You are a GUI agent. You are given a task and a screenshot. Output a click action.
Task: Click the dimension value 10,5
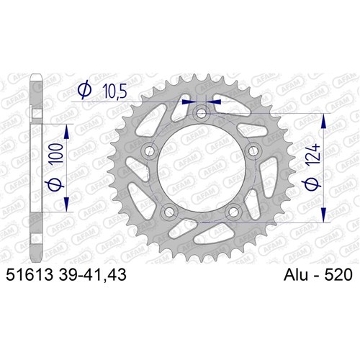(x=114, y=91)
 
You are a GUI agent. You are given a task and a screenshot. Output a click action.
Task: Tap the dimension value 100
(x=57, y=153)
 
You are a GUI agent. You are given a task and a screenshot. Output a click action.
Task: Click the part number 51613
(x=29, y=274)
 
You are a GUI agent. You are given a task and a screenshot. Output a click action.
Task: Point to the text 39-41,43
(x=92, y=275)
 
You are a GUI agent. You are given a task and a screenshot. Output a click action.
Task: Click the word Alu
(x=296, y=274)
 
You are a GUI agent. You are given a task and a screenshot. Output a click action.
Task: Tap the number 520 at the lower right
(x=338, y=274)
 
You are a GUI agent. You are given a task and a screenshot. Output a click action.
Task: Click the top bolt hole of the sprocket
(x=202, y=113)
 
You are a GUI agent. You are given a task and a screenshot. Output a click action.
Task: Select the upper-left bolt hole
(x=150, y=151)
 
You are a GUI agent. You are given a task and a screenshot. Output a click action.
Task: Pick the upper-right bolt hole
(x=253, y=151)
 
